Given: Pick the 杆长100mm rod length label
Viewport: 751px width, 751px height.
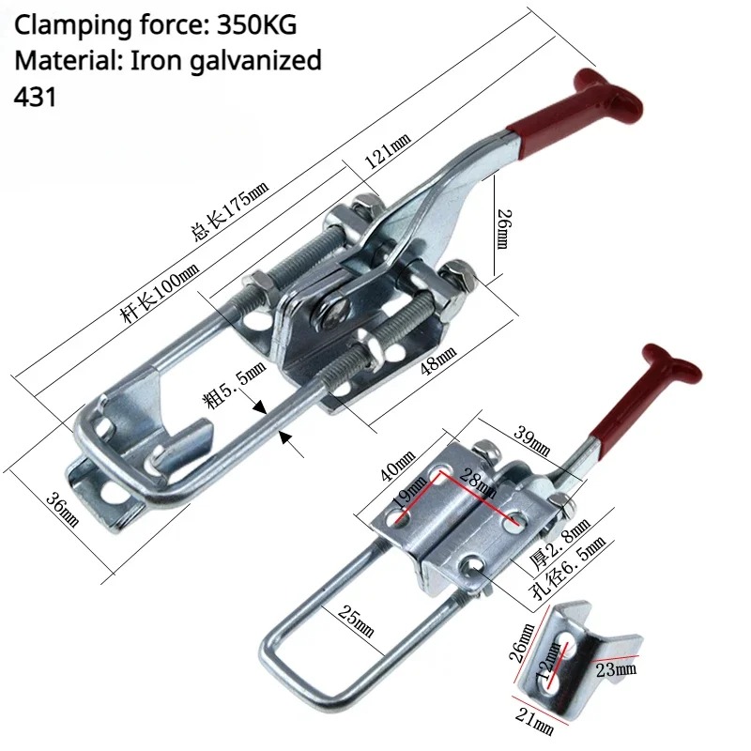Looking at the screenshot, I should coord(161,293).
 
